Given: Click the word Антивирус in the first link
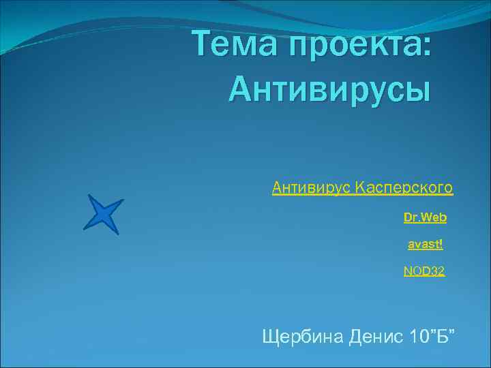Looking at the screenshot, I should pos(311,186).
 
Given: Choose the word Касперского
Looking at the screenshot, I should pos(404,186).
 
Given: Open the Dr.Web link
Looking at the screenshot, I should pos(425,217).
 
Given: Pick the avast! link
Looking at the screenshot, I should pos(426,243).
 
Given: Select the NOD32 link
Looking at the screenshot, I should pos(423,271).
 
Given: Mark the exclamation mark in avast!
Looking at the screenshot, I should pos(442,243).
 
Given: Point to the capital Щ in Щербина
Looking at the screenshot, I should pos(270,336).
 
